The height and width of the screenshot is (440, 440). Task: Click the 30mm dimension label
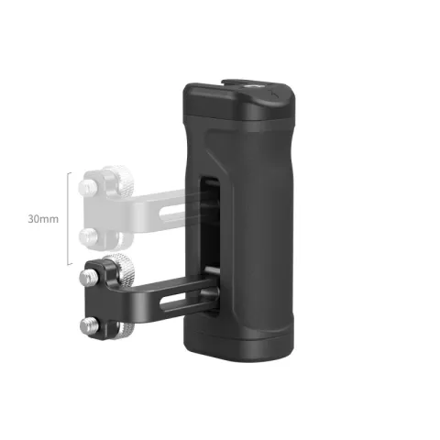coord(43,220)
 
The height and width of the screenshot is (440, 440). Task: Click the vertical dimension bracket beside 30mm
coord(68,219)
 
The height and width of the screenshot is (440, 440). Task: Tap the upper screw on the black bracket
coord(90,274)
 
